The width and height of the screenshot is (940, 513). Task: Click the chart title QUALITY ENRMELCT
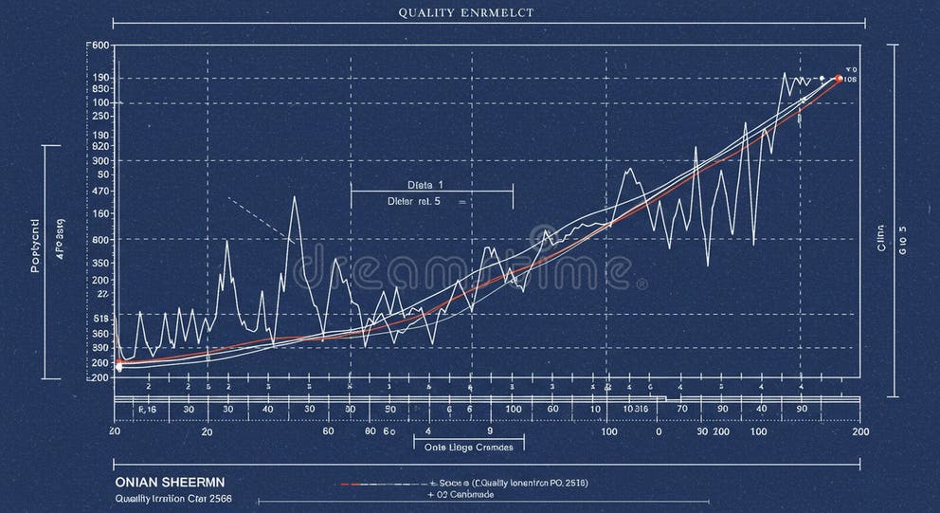pos(465,12)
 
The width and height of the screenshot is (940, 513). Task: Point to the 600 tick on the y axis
pos(99,46)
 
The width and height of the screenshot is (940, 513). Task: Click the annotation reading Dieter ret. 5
pos(415,201)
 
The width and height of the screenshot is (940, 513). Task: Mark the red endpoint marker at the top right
pos(839,79)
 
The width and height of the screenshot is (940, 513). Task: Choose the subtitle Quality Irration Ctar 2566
pos(172,498)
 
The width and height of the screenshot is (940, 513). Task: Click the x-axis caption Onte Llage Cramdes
pos(468,446)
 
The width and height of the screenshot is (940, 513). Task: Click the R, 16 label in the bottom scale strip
pos(148,409)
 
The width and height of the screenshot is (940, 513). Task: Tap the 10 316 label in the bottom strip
pos(634,409)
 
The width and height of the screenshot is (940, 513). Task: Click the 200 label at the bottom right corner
pos(860,431)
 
